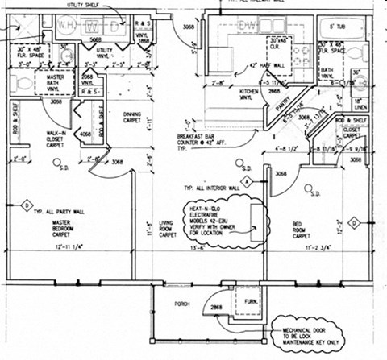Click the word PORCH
(x=182, y=304)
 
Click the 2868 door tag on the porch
(x=217, y=308)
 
